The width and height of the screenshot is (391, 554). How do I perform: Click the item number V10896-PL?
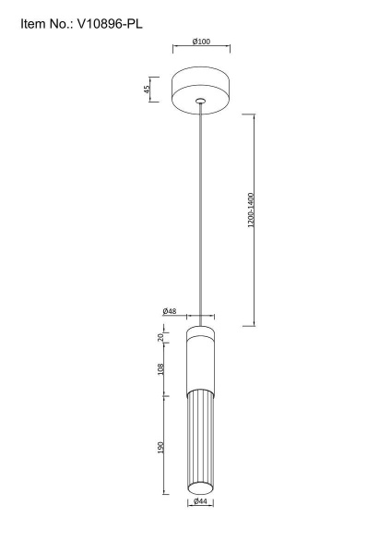pyautogui.click(x=110, y=24)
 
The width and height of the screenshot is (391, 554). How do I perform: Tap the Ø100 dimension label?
pyautogui.click(x=201, y=42)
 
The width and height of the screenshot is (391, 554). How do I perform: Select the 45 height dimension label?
pyautogui.click(x=147, y=89)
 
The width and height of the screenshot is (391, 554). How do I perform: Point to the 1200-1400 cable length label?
pyautogui.click(x=251, y=210)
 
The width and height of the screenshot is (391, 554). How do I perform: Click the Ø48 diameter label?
pyautogui.click(x=170, y=311)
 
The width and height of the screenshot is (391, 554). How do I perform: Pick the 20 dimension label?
pyautogui.click(x=160, y=337)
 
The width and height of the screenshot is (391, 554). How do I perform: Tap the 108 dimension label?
pyautogui.click(x=160, y=369)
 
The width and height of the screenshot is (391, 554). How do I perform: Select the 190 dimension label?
pyautogui.click(x=160, y=447)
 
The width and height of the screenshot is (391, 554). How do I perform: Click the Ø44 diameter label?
pyautogui.click(x=200, y=501)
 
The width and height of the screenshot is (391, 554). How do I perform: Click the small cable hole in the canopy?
pyautogui.click(x=200, y=101)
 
